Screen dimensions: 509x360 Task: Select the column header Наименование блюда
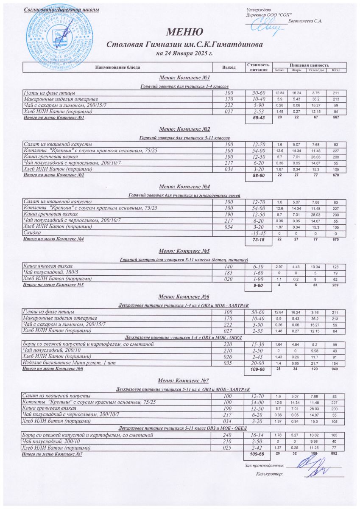coord(117,67)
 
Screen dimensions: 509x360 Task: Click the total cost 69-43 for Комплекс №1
coord(259,118)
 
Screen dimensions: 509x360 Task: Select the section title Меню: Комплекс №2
coord(184,129)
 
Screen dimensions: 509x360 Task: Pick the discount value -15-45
coord(259,233)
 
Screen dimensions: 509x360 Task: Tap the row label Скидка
coord(33,233)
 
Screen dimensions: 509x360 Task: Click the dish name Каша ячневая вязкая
coord(48,266)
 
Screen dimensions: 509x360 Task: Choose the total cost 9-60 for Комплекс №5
coord(259,286)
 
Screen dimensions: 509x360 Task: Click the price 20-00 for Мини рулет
coord(259,363)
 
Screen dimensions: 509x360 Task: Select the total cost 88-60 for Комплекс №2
coord(259,176)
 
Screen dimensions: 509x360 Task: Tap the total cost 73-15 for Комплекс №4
coord(259,240)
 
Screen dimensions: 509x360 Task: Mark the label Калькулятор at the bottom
coord(269,474)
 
